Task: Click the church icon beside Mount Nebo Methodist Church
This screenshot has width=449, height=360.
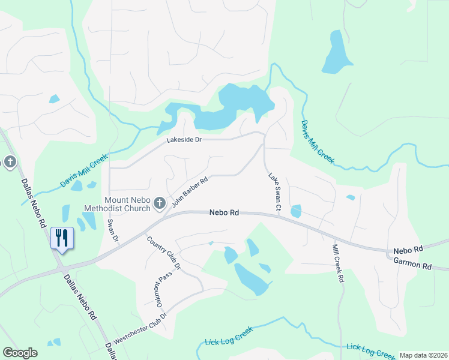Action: [160, 204]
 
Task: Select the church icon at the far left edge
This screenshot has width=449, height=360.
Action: [10, 162]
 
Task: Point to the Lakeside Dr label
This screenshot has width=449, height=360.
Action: [186, 140]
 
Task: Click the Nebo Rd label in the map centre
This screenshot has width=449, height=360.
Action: [224, 212]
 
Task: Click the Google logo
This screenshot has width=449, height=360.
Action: [20, 353]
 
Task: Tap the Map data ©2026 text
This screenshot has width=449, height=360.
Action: [423, 355]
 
